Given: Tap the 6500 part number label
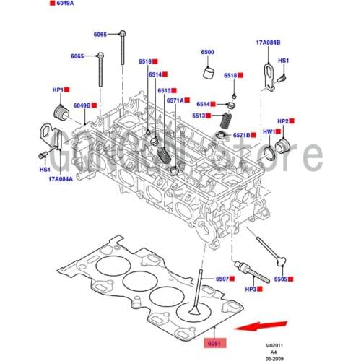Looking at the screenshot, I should [x=208, y=53].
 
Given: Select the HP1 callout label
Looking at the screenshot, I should [x=57, y=89].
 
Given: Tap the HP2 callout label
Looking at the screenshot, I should [x=284, y=121].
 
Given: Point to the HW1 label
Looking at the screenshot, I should [x=269, y=132].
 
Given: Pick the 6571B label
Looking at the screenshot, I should [x=240, y=135].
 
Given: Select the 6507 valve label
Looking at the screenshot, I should [x=222, y=279].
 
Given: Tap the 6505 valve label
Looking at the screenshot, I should [x=281, y=279].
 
